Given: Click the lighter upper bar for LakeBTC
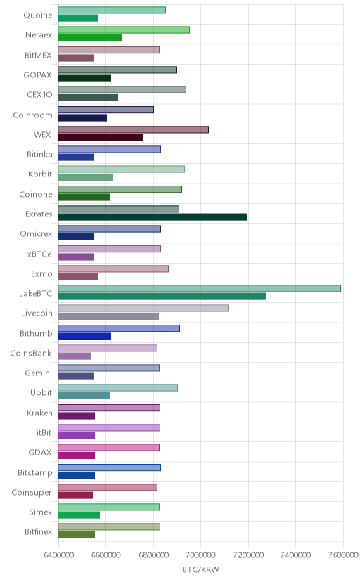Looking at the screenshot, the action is tap(199, 288).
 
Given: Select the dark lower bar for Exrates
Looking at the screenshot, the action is tap(152, 216).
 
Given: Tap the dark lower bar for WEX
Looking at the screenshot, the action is tap(101, 137).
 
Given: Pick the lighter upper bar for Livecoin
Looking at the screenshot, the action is tap(143, 308).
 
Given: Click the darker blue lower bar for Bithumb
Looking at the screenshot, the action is tap(84, 336).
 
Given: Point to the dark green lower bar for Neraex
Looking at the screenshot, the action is tap(90, 38).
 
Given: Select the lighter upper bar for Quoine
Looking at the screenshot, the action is tap(112, 10).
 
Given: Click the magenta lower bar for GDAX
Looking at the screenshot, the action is tap(77, 455).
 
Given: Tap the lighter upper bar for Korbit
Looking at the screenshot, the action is tap(122, 169).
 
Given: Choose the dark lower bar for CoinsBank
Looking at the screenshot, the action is tap(75, 356).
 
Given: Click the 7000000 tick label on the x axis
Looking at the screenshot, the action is tap(201, 555).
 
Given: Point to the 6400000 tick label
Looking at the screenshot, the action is tap(58, 555).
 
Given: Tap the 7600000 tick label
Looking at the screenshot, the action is tap(343, 555).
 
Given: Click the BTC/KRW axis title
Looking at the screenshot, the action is tap(201, 570).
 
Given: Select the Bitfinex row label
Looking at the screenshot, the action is tap(38, 532).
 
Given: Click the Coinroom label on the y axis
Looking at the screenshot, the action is tap(32, 115).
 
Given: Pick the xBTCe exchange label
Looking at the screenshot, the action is tap(39, 254).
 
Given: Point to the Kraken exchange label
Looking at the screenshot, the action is tap(39, 413).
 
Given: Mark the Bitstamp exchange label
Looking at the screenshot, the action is tap(35, 473).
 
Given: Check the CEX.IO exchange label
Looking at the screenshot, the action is tap(39, 95).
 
